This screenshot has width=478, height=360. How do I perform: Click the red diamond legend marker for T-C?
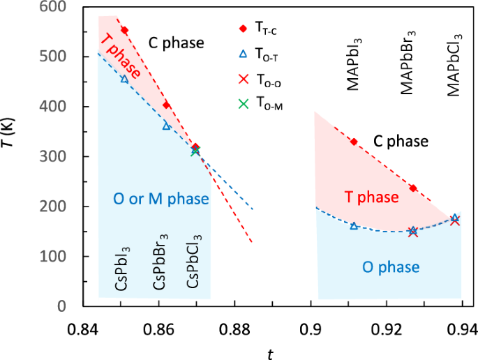coord(243,29)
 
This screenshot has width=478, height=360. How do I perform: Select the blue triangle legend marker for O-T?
coord(243,54)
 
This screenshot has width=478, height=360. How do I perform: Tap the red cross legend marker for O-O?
coord(243,79)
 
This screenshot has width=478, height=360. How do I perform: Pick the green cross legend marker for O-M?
coord(243,104)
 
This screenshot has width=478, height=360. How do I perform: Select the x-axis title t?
coord(270,353)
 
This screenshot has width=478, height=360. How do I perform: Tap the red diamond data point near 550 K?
coord(124,31)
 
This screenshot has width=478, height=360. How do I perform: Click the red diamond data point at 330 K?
coord(354,142)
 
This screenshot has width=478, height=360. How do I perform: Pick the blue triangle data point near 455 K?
coord(124,79)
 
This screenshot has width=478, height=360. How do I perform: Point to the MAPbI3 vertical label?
coord(354,62)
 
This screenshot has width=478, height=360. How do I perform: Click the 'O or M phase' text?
coord(160,200)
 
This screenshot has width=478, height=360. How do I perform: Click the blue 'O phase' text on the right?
coord(390,267)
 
